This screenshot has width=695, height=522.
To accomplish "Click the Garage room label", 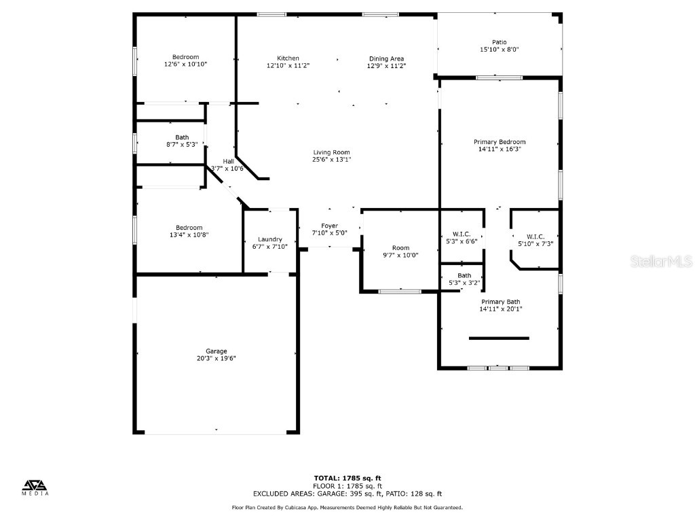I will tap(217, 351).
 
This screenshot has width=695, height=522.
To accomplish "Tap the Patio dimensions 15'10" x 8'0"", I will tap(499, 50).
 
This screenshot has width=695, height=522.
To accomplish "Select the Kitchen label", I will tap(288, 58).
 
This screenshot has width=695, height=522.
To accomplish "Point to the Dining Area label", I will tap(386, 58).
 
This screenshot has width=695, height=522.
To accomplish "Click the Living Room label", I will tap(332, 152).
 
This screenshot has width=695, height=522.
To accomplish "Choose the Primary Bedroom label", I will tap(499, 142).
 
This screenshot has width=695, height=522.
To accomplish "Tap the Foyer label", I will tap(329, 226).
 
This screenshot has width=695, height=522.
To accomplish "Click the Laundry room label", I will tap(269, 239).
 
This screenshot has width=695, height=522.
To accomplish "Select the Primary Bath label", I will tap(500, 301).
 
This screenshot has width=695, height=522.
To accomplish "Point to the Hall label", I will tap(229, 161).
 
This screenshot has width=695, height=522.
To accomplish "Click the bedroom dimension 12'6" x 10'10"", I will tap(185, 64).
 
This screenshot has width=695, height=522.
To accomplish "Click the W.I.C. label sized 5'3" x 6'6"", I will tap(462, 234).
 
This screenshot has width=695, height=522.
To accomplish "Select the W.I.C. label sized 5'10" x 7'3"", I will tap(536, 237).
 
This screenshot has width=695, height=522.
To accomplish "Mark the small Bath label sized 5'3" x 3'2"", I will tap(464, 275).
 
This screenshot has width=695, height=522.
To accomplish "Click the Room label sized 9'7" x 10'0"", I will tap(400, 248).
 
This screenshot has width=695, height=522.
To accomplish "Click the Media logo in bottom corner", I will tap(36, 487).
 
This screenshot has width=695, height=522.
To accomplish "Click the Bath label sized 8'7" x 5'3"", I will tap(181, 137).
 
